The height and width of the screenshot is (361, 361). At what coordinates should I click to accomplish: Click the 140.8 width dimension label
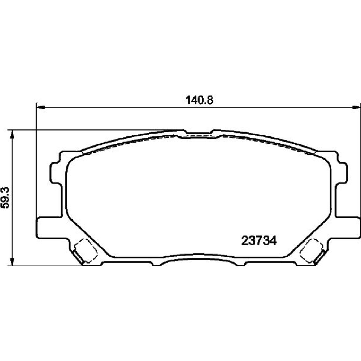pos(199,100)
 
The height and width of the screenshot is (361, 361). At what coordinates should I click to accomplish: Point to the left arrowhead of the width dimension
pos(40,107)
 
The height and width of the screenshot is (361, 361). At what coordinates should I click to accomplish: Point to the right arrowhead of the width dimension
pos(357,107)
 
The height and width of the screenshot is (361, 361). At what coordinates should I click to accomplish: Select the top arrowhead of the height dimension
pos(12,134)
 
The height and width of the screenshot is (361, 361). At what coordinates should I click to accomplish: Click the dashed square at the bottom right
pos(311,251)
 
